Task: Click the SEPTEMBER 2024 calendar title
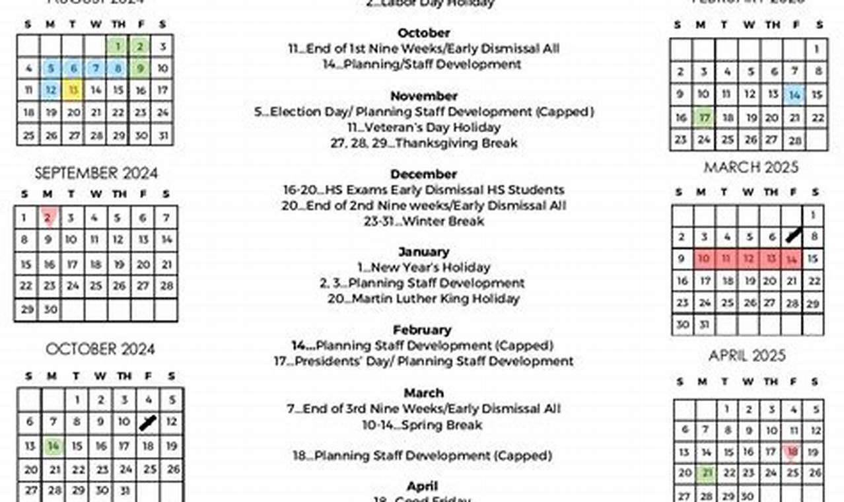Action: coord(96,173)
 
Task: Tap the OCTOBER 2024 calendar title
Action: coord(100,349)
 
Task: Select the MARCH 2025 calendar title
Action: coord(751,168)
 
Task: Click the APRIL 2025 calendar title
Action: coord(747,356)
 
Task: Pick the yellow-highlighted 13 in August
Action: coord(73,89)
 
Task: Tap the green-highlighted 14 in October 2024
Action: coord(53,446)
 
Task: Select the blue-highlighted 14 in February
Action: coord(794,95)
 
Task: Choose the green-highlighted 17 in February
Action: coord(704,118)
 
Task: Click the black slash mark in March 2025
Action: coord(792,236)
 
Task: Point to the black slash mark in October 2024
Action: coord(147,423)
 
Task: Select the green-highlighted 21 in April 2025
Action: coord(706,474)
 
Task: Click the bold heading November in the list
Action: coord(423,96)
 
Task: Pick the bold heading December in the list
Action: coord(423,174)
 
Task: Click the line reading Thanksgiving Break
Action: coord(423,143)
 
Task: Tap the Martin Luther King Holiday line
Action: coord(423,299)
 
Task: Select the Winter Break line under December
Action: coord(423,221)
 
